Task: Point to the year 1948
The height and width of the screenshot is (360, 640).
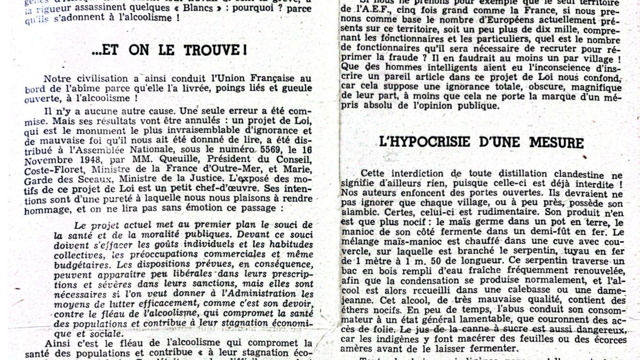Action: click(82, 161)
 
